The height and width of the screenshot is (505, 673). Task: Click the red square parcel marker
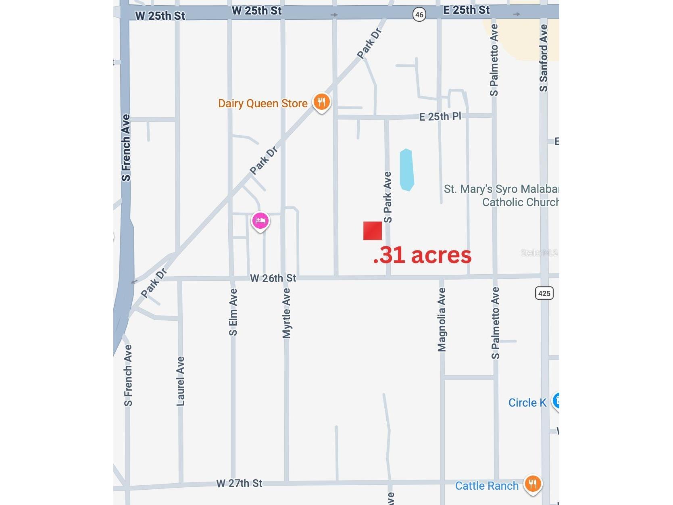372,231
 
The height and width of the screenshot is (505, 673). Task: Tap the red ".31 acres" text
422,255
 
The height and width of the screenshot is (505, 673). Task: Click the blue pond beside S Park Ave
406,170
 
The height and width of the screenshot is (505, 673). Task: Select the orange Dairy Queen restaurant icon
321,102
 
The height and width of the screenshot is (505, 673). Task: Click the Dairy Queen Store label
263,104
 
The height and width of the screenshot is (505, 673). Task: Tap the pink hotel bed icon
260,221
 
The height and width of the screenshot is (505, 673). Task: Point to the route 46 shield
419,15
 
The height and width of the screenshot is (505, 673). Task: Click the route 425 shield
544,293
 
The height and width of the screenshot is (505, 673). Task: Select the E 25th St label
466,10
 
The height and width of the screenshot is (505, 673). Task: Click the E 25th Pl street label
440,117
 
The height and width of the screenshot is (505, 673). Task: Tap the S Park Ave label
388,197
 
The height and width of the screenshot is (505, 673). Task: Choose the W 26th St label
273,278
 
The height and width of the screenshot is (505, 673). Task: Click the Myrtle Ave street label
286,313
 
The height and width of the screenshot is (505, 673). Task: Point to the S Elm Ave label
233,312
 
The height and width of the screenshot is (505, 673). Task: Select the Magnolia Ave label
442,319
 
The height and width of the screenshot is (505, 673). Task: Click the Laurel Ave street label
180,381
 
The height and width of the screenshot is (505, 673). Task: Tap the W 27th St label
239,483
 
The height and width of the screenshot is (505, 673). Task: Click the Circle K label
527,403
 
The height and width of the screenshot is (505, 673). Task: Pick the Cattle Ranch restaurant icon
533,484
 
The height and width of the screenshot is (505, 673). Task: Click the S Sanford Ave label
544,58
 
